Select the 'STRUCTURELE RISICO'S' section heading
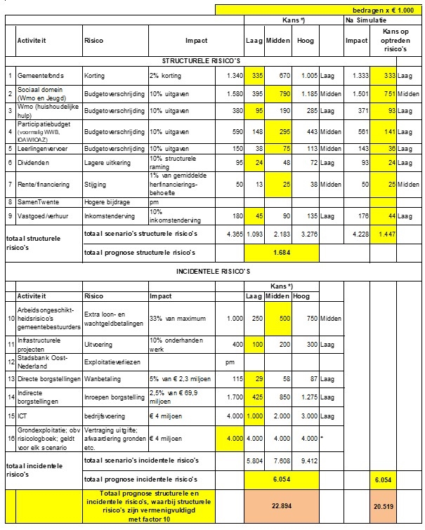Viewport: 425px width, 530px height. pyautogui.click(x=202, y=61)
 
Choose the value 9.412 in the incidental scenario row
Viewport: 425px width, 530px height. pyautogui.click(x=306, y=460)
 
